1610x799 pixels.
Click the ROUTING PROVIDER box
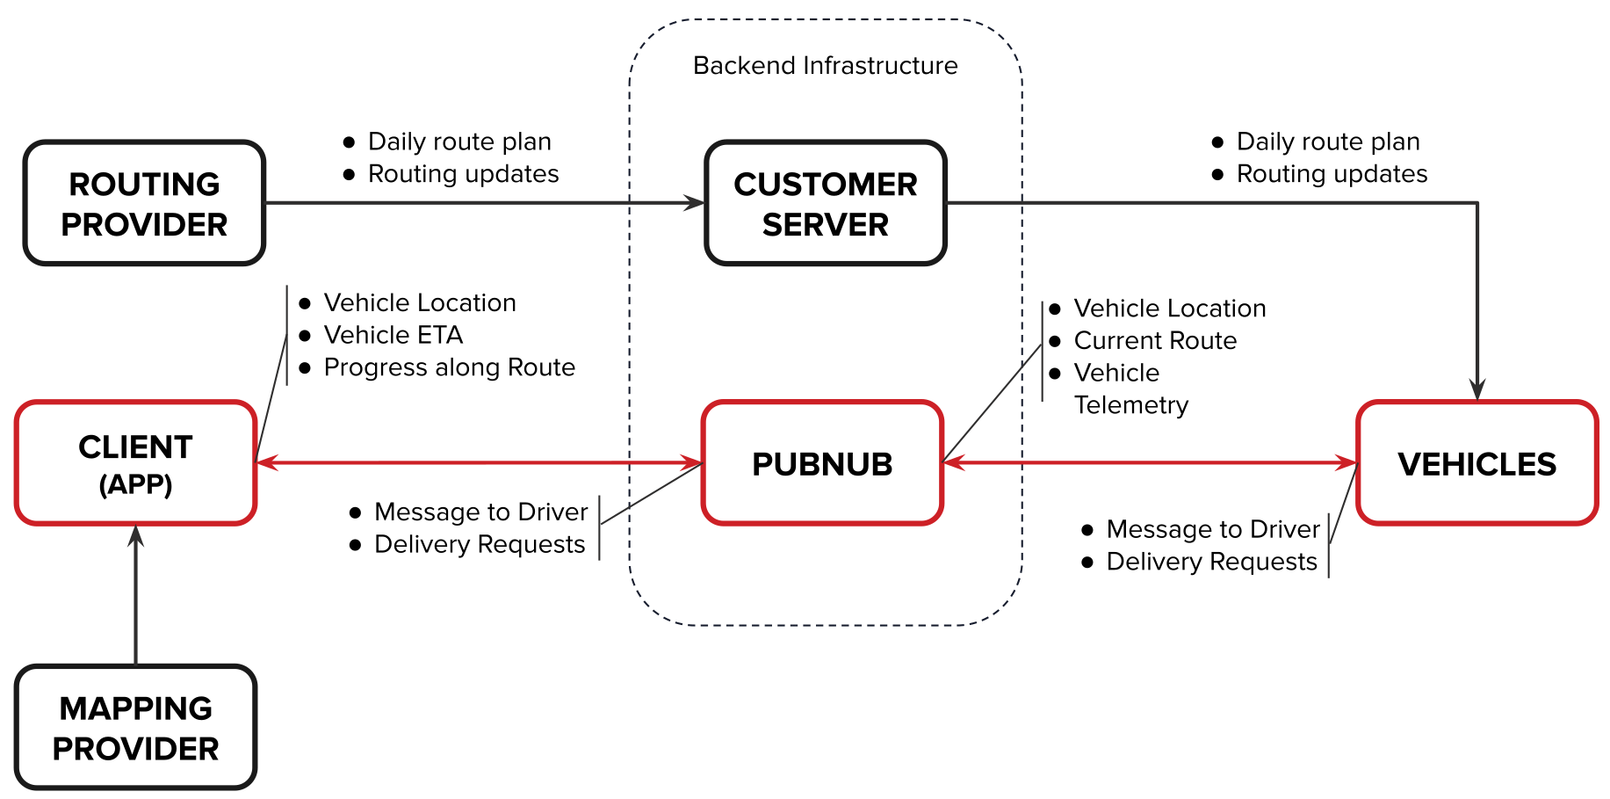[x=144, y=203]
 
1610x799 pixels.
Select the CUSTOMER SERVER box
[x=825, y=203]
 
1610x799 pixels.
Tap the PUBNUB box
[x=822, y=463]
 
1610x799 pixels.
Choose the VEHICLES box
[x=1476, y=463]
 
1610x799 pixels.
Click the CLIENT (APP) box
[x=135, y=463]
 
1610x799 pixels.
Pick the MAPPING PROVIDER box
[x=135, y=728]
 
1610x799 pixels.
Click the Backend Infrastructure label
[x=825, y=66]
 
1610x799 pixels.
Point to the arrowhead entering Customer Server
[x=696, y=203]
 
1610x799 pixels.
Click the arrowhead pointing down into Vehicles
[x=1477, y=389]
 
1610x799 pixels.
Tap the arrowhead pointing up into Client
[x=135, y=535]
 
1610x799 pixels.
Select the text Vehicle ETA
[x=393, y=335]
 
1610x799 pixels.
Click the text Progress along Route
[x=449, y=367]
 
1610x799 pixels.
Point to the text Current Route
[x=1155, y=340]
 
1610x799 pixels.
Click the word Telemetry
[x=1130, y=405]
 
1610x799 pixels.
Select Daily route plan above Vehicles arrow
[x=1327, y=142]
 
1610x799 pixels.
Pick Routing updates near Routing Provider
[x=463, y=174]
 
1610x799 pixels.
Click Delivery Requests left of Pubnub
[x=479, y=545]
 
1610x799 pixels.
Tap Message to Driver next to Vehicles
[x=1212, y=529]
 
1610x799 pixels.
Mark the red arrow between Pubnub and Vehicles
[x=1151, y=462]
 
